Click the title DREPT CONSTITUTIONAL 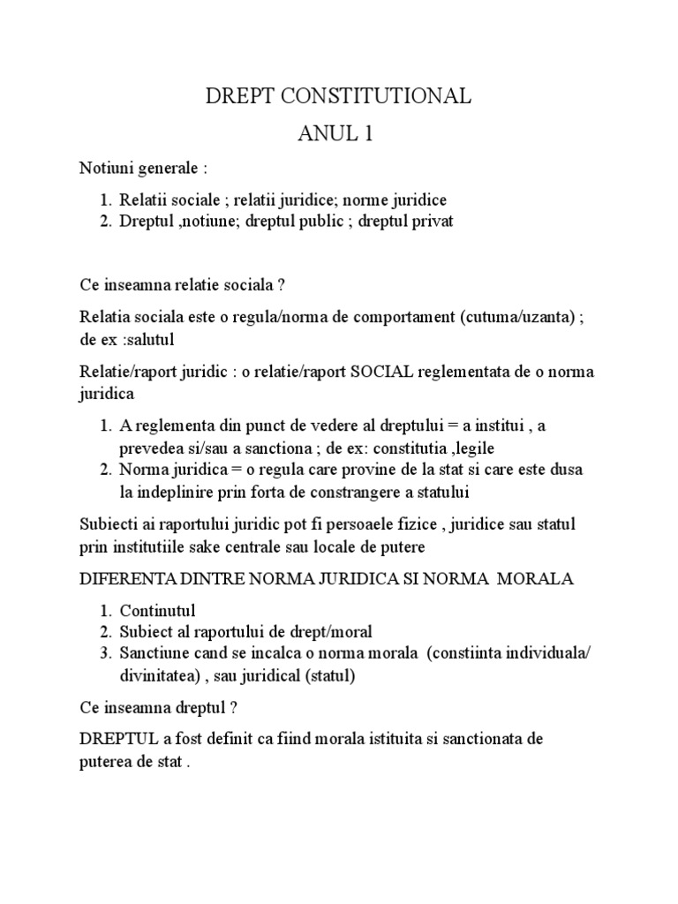pyautogui.click(x=338, y=97)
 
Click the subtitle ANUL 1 pyautogui.click(x=338, y=135)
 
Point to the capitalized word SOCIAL pyautogui.click(x=383, y=371)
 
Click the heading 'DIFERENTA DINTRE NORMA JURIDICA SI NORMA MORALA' pyautogui.click(x=326, y=579)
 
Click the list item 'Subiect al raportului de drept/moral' pyautogui.click(x=246, y=631)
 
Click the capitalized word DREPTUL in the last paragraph pyautogui.click(x=114, y=737)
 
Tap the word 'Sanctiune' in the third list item pyautogui.click(x=154, y=652)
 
